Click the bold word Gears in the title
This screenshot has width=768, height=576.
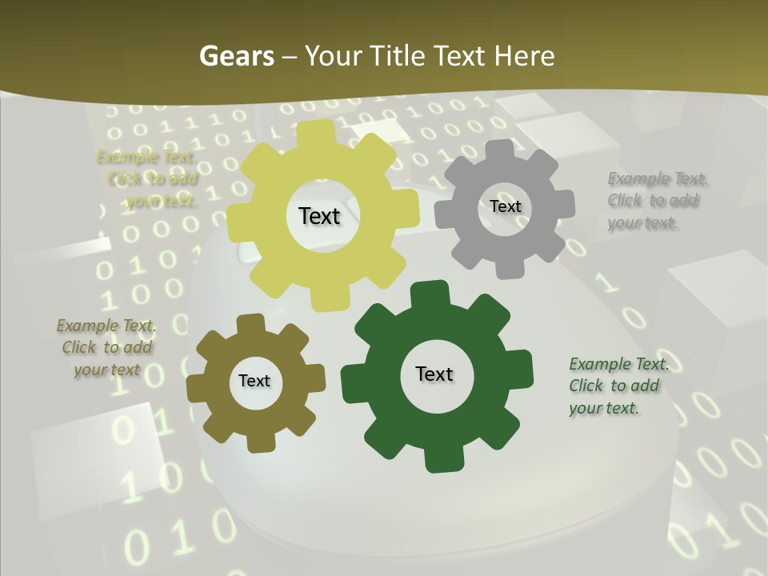(x=237, y=56)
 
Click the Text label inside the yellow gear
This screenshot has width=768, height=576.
(x=319, y=216)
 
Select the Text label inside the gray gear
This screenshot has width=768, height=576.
(x=505, y=206)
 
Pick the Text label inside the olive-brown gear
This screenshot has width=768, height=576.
(x=254, y=382)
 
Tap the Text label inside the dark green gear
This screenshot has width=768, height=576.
(x=434, y=374)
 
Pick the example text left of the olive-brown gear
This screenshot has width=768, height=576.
(x=106, y=348)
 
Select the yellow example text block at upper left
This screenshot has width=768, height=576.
(x=147, y=179)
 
